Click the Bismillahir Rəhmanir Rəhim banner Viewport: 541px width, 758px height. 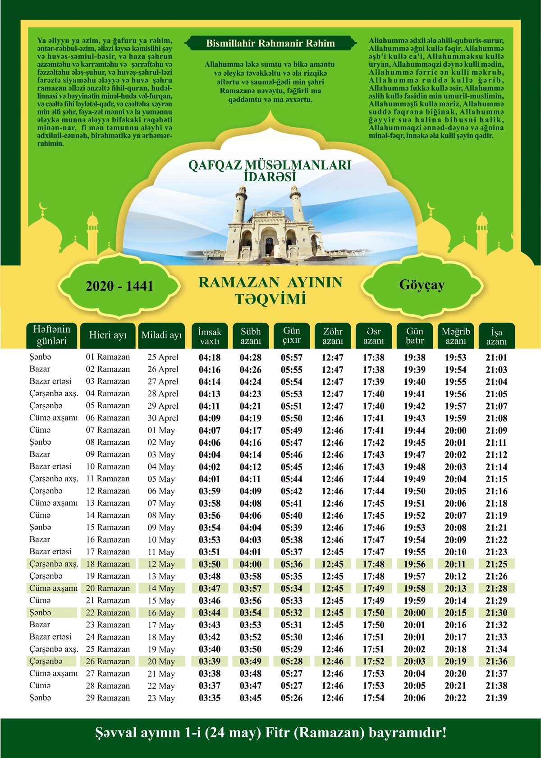coord(270,43)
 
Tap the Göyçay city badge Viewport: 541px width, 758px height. coord(422,285)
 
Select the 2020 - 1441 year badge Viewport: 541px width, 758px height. coord(119,286)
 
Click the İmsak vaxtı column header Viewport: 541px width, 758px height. coord(210,336)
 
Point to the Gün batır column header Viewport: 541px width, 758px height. coord(414,336)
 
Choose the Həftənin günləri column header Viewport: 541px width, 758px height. coord(51,335)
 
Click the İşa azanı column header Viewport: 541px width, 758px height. coord(496,336)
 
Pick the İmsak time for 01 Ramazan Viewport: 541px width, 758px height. coord(210,358)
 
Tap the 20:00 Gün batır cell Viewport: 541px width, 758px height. coord(414,613)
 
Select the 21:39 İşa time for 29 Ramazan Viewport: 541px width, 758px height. coord(496,698)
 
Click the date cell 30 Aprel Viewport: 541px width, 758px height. coord(163,418)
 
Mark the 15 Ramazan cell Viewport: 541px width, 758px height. coord(108,527)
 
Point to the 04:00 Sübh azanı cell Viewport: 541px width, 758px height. coord(251,564)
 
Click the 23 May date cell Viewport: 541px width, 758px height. coord(161,698)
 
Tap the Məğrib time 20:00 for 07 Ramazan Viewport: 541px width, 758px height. coord(455,430)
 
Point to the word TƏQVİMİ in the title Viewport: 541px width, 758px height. coord(270,299)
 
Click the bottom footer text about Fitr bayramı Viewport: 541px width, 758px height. coord(270,732)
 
